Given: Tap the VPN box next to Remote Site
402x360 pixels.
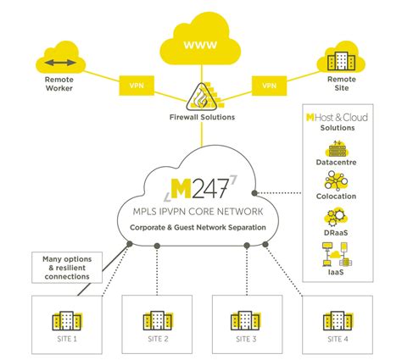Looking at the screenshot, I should tap(268, 86).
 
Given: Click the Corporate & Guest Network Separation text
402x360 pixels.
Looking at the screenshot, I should tap(201, 229).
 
